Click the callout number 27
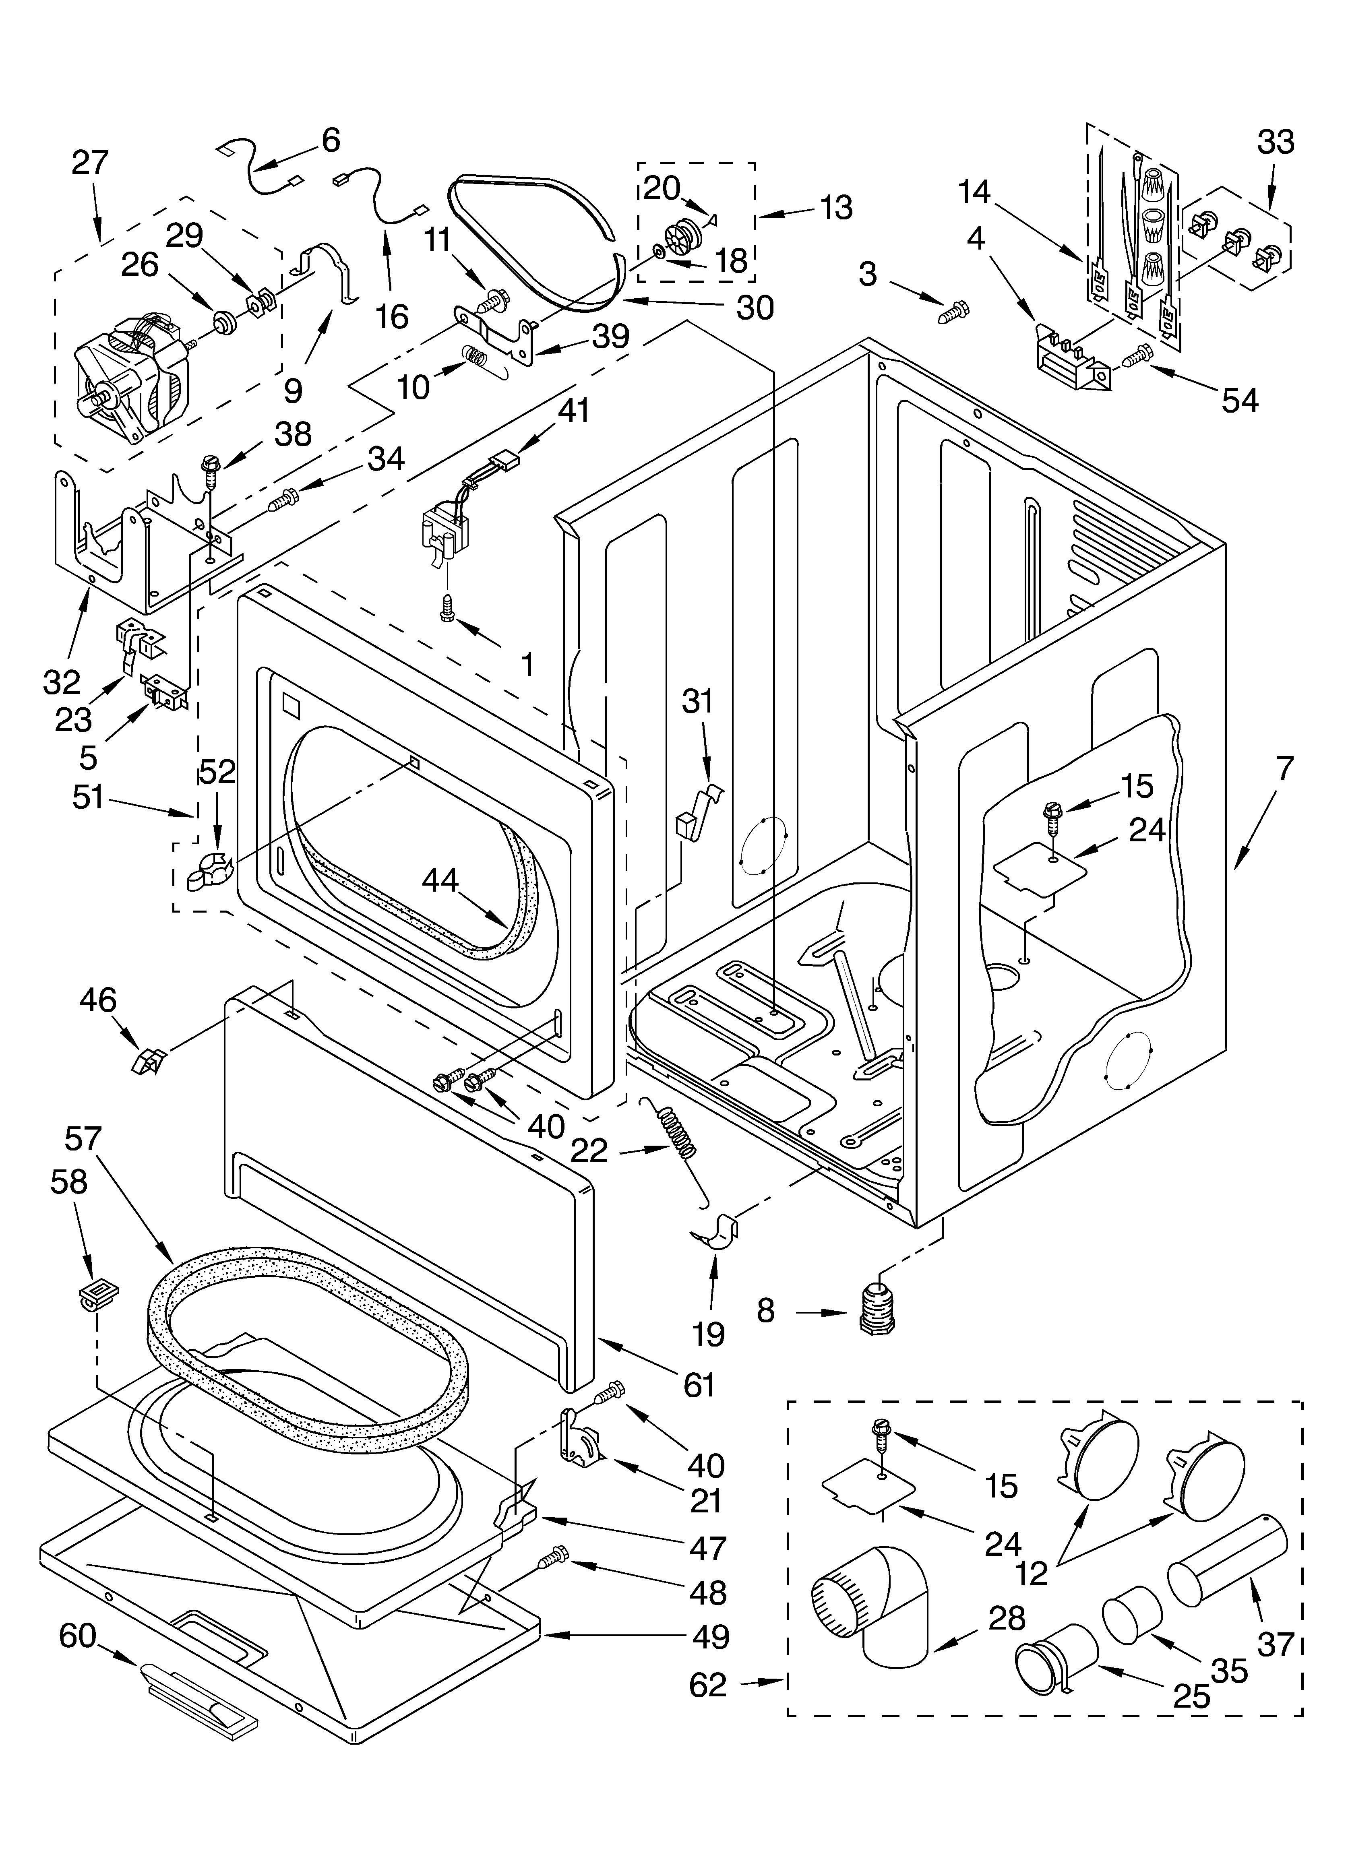click(x=89, y=163)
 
